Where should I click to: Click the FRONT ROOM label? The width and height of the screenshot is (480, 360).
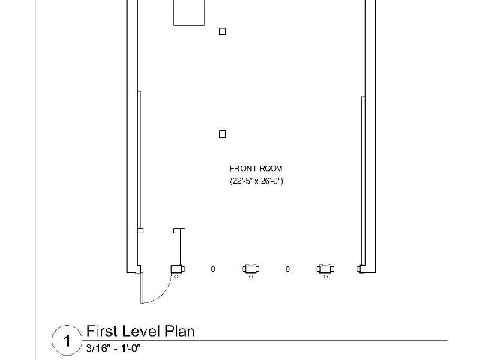256,169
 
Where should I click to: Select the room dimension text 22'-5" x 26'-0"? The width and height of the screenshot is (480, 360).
256,181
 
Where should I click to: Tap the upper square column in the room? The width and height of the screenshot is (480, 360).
223,31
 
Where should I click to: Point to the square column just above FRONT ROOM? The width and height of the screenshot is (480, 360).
223,134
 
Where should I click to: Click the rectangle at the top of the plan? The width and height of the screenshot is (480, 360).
189,13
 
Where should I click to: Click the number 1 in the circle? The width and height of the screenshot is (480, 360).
67,340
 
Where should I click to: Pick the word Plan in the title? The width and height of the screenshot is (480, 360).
180,331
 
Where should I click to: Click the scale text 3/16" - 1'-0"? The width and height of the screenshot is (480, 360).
113,348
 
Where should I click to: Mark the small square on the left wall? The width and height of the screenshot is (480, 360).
140,230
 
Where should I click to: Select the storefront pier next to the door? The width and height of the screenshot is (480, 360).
177,269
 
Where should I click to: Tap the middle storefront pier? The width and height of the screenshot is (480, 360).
251,269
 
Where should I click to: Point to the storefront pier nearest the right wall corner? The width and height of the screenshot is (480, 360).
325,269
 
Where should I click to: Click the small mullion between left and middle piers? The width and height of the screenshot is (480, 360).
213,269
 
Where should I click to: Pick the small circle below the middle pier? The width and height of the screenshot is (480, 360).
251,277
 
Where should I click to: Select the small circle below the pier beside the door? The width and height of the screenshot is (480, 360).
176,277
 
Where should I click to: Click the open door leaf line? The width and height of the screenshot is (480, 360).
141,288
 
